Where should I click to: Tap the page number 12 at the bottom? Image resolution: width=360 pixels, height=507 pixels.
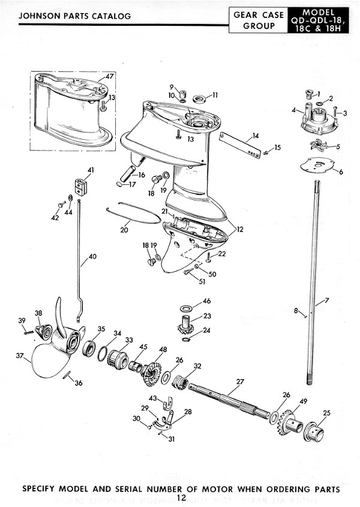(181, 498)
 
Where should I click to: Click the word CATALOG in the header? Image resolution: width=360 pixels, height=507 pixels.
(109, 16)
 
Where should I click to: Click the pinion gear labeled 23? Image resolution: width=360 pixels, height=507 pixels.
(188, 328)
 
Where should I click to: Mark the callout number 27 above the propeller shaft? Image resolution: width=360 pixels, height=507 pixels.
(240, 382)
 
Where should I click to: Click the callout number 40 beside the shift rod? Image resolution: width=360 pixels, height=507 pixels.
(92, 257)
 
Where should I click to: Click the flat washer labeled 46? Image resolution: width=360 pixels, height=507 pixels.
(187, 309)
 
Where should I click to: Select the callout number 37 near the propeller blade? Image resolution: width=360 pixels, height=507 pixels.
(19, 356)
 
